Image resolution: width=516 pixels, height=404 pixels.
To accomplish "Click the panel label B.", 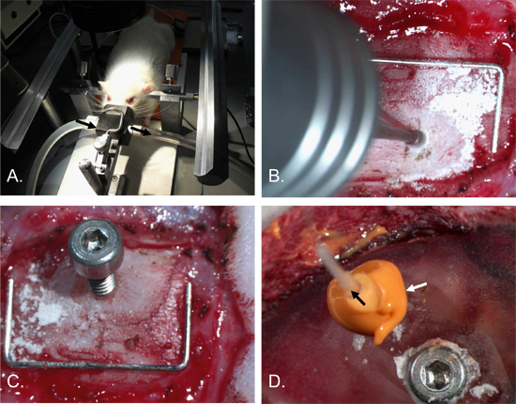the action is (x=277, y=177).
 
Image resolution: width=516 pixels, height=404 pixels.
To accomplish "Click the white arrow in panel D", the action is (x=417, y=287).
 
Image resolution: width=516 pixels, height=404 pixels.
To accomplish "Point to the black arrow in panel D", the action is (x=357, y=298).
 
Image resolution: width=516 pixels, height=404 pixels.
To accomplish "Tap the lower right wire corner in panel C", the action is (x=187, y=365).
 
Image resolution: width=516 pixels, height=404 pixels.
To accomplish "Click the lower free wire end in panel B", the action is (x=494, y=151).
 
